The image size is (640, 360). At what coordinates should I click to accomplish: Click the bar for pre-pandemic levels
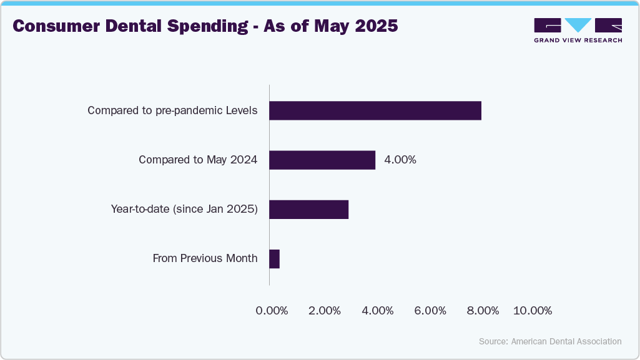tap(375, 110)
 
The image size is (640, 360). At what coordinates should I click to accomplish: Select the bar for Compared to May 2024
tap(322, 160)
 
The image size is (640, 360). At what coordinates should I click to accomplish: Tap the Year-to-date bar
tap(308, 210)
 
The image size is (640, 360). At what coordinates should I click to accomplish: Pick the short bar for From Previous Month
tap(274, 259)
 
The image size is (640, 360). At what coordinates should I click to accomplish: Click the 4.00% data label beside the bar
tap(400, 160)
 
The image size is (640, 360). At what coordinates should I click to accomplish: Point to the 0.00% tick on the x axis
tap(272, 311)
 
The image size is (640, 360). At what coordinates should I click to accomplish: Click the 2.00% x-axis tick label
tap(325, 311)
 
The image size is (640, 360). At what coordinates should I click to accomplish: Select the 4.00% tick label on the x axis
tap(378, 311)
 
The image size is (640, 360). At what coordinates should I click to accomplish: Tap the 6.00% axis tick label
tap(430, 311)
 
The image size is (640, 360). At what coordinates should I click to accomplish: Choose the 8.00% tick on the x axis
tap(483, 311)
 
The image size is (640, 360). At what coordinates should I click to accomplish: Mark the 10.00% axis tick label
tap(533, 311)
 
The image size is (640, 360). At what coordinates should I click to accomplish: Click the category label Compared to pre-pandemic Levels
tap(172, 111)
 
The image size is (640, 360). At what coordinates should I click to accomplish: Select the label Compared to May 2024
tap(198, 160)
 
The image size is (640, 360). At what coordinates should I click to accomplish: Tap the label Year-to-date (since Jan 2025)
tap(184, 210)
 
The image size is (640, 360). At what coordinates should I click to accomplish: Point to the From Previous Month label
tap(205, 258)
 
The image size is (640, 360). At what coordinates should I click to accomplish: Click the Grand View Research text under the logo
tap(578, 40)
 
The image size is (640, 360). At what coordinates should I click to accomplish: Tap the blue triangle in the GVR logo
tap(578, 25)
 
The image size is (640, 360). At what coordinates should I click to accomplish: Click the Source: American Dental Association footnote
tap(550, 341)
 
